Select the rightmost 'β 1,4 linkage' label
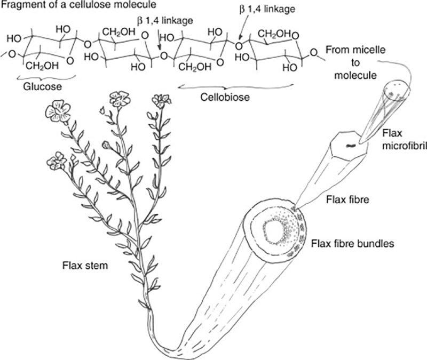point(267,9)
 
